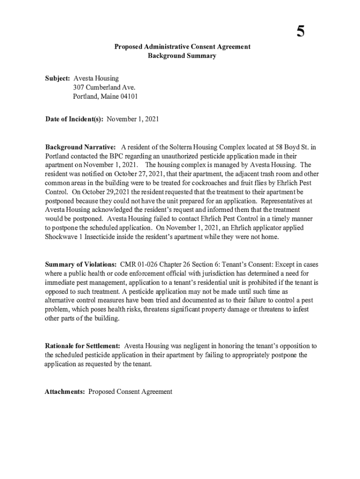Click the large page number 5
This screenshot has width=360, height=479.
(300, 31)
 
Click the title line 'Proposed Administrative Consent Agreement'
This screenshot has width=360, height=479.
(182, 47)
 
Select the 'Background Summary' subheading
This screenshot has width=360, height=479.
(182, 56)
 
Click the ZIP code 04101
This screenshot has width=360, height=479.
(129, 96)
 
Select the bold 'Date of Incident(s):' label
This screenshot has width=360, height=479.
(74, 119)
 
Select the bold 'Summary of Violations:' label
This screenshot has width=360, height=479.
(81, 264)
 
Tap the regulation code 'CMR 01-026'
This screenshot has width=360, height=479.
(139, 264)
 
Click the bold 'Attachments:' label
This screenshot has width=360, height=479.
(65, 392)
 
